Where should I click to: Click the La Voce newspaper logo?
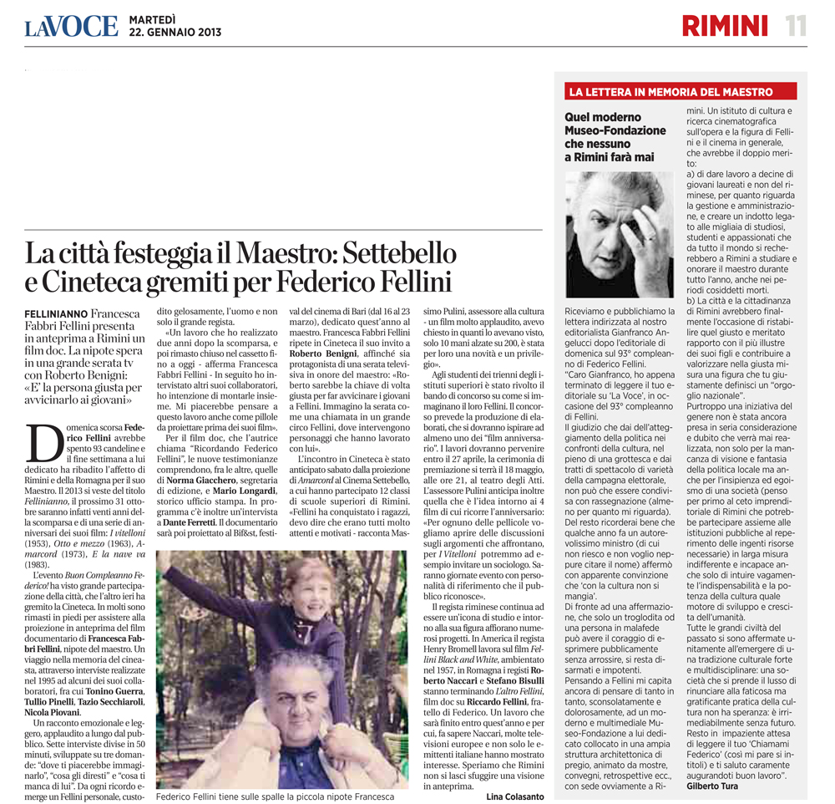71,26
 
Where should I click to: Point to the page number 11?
795,26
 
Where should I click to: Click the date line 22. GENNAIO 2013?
175,33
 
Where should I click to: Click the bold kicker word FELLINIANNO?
56,312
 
